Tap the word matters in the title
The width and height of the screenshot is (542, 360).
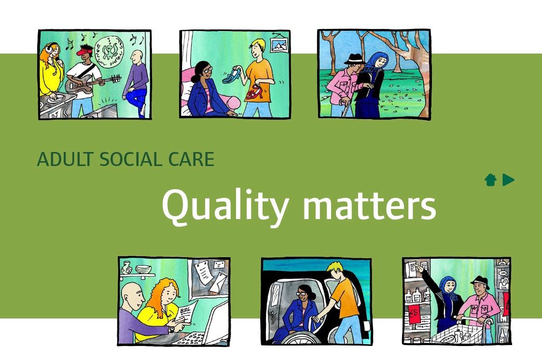pos(369,205)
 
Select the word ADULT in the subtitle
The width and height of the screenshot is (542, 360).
pos(59,159)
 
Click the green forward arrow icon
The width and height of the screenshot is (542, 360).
pos(508,180)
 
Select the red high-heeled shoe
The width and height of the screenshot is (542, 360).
pos(254,91)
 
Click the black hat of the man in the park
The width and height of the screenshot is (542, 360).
pos(353,58)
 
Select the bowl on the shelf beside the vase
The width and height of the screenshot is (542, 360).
pos(143,269)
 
